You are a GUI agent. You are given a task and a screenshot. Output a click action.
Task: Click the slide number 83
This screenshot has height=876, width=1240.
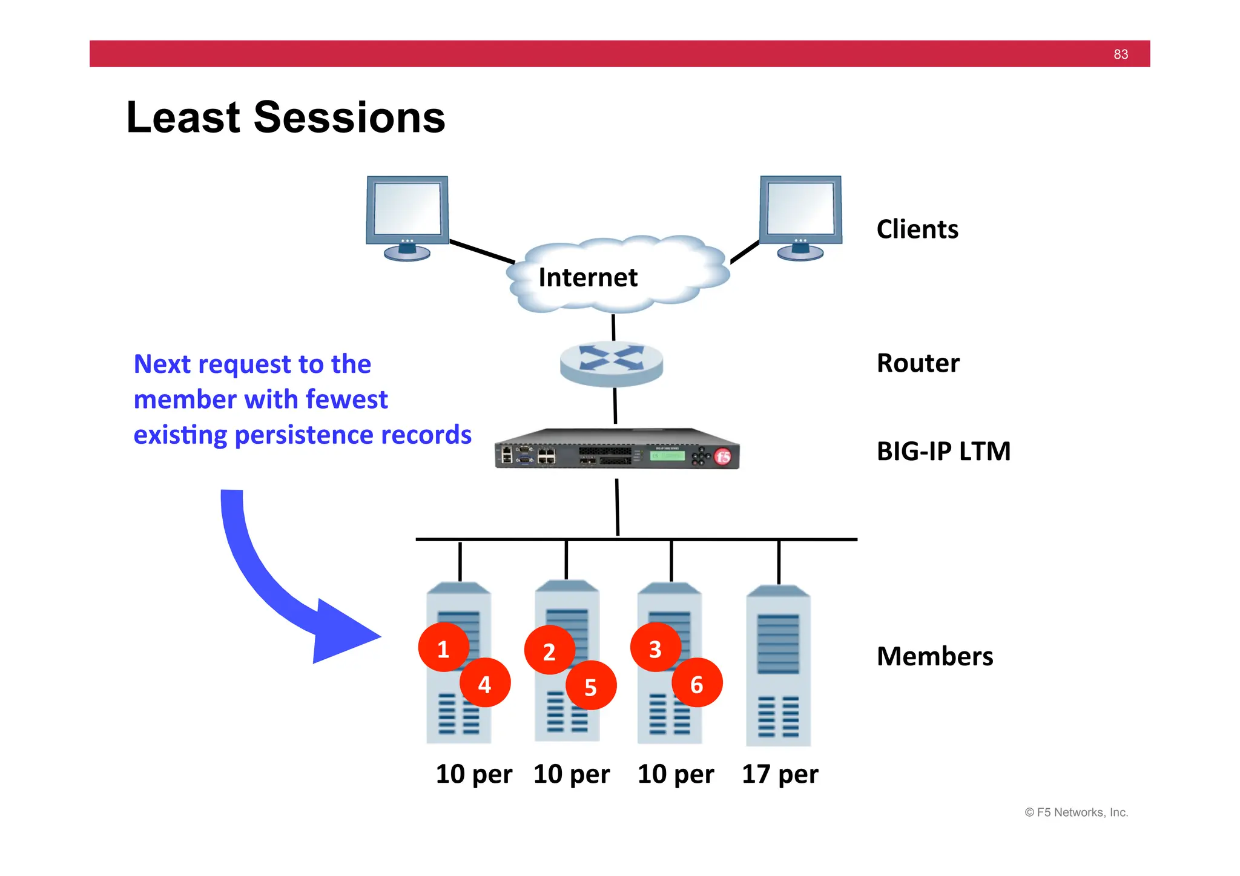click(1120, 54)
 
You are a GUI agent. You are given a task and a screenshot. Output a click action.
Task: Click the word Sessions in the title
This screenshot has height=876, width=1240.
click(349, 117)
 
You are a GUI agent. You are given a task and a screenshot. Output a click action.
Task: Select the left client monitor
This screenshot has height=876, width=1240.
click(407, 216)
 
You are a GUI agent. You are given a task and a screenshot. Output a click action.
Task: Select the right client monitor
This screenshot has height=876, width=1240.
click(800, 216)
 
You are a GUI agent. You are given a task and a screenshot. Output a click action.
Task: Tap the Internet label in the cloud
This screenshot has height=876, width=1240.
click(587, 278)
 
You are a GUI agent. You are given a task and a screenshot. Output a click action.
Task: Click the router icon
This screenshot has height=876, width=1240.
click(612, 363)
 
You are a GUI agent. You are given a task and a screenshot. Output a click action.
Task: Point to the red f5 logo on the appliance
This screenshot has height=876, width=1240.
click(723, 456)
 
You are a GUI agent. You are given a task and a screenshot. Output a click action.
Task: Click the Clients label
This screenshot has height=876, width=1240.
click(917, 229)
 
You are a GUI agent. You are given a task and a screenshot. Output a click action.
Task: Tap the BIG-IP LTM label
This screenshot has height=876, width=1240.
click(943, 452)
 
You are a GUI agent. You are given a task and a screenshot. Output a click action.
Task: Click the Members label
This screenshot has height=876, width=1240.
click(934, 657)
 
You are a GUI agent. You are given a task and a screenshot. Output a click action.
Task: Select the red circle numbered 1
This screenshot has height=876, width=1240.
click(443, 648)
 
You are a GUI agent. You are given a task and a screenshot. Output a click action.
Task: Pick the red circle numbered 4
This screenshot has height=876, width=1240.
click(485, 684)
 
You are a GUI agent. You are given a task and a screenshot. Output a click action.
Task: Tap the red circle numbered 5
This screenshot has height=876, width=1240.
click(591, 687)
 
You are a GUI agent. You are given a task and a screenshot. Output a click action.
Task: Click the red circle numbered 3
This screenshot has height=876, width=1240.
click(655, 648)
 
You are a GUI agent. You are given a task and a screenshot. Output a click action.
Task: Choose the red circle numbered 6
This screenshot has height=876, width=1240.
click(697, 684)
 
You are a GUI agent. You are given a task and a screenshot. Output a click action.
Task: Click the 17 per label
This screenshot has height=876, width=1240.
click(779, 774)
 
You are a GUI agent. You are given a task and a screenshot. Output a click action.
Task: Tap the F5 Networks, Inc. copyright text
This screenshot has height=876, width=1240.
click(1076, 812)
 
